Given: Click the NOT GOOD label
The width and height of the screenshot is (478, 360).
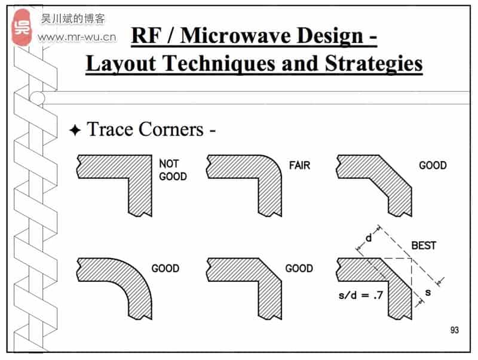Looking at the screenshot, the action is coord(173,170).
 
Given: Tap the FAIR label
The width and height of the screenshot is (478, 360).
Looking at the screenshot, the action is coord(300,165).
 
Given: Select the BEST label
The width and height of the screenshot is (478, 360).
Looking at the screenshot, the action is coord(424,245).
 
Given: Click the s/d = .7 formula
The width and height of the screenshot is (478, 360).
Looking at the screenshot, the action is coord(361,295).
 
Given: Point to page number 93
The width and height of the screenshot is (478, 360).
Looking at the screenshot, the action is coord(454,330).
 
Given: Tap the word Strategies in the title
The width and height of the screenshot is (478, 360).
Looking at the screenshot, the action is coord(374,64).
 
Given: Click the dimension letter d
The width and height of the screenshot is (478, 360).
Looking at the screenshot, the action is coord(369,238).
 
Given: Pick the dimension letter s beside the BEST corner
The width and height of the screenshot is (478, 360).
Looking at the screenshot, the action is coord(428,293).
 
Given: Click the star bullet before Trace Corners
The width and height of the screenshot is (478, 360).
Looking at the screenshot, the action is coord(75,130).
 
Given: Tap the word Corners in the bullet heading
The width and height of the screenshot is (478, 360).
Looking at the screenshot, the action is coord(172,130).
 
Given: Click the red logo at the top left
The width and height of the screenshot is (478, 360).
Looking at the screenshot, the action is coord(22,27).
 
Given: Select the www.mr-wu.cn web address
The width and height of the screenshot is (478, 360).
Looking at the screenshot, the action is coord(77,38).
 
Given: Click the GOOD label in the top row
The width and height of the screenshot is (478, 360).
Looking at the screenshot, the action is coord(433,165).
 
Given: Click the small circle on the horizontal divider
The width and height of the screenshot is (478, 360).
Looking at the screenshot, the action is coord(37,98).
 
